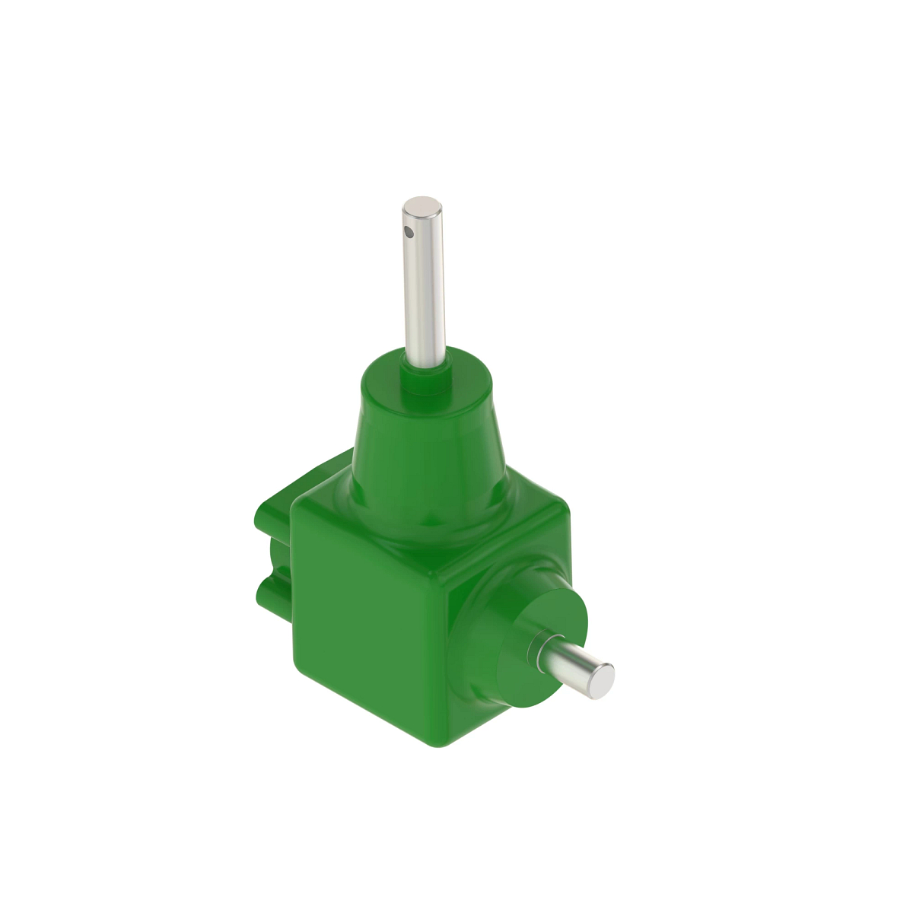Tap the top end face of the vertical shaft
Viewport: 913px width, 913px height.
tap(422, 205)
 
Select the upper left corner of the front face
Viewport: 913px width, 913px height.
tap(301, 506)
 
